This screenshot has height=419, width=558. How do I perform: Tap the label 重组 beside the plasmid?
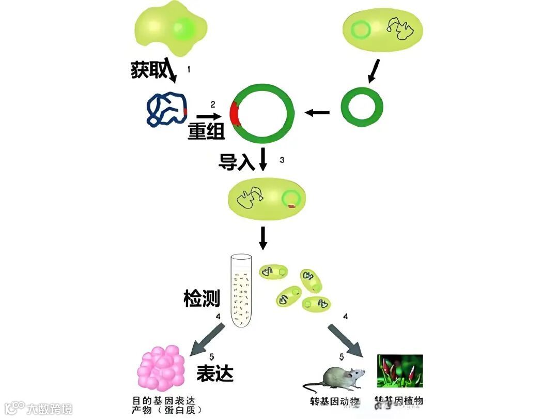point(206,132)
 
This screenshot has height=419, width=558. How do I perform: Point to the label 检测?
point(202,298)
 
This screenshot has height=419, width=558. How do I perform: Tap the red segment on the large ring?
point(236,114)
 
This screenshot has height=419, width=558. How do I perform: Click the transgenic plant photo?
point(400,371)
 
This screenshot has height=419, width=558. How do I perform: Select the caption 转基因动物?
point(334,401)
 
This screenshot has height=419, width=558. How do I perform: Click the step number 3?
point(282,160)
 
